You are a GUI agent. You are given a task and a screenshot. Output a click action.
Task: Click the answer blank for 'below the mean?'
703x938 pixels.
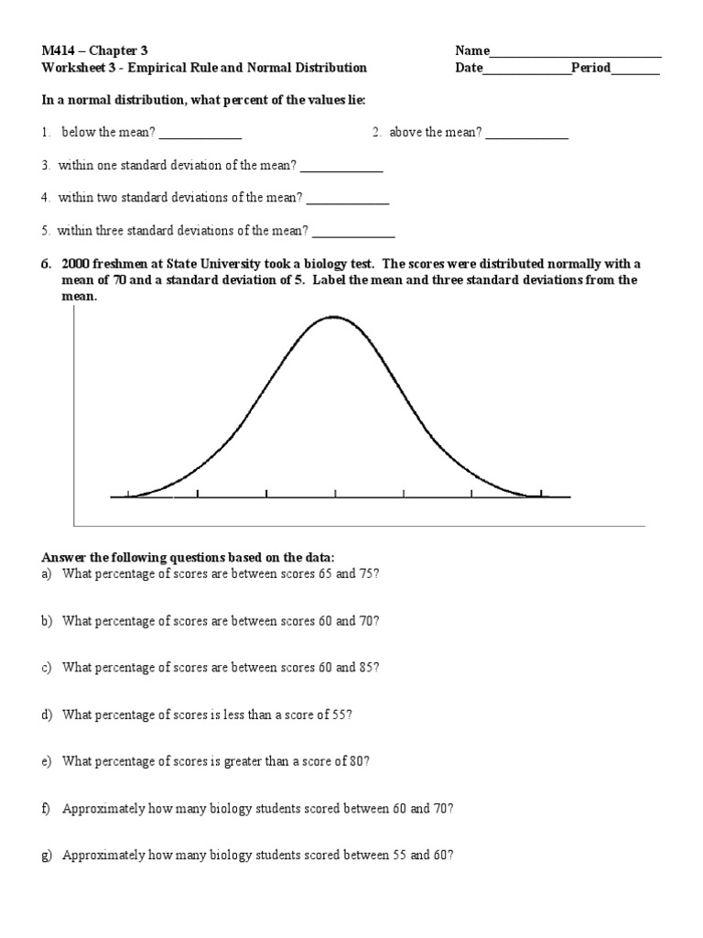pos(200,137)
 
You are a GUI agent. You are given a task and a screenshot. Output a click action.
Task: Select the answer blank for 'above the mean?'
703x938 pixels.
pos(527,137)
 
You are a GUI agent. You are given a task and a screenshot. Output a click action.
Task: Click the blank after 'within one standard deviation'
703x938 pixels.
pos(341,170)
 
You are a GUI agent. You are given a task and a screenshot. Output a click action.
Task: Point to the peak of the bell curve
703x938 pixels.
pos(333,317)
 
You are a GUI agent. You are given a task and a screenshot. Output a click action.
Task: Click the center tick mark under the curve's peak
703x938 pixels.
pos(335,496)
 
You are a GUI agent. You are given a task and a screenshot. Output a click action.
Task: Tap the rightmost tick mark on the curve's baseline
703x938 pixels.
pos(540,496)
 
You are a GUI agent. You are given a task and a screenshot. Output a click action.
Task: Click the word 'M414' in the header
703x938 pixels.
pos(58,51)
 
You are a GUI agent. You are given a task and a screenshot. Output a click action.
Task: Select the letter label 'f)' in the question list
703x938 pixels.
pos(47,809)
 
